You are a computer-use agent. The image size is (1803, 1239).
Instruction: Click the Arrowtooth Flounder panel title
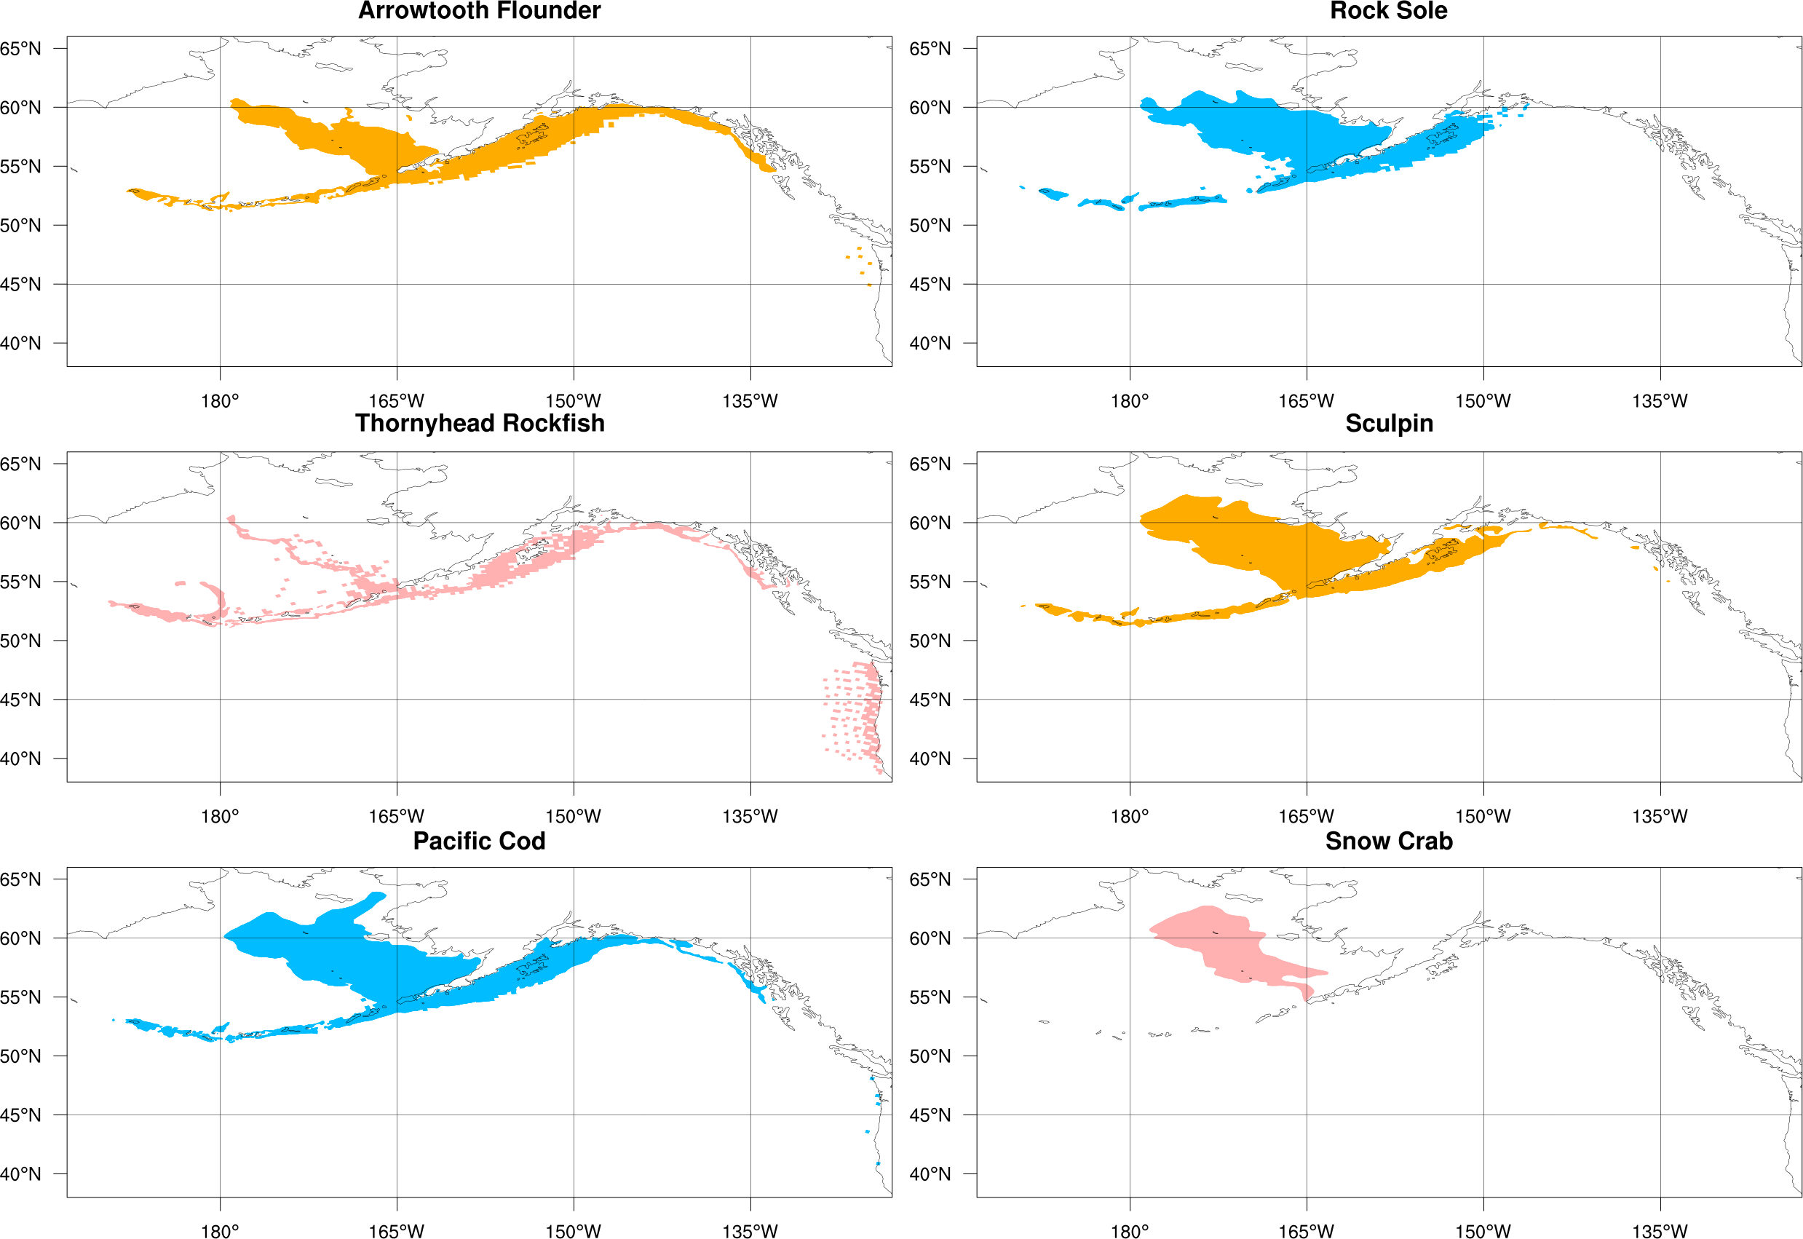[479, 11]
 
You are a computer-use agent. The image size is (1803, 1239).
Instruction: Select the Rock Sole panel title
[1389, 11]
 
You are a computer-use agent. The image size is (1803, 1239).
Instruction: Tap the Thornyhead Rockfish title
[480, 423]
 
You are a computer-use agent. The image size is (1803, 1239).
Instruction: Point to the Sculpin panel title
[1389, 423]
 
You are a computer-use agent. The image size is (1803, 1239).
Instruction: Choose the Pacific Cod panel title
[479, 841]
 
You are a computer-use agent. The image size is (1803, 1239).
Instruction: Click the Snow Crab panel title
[1389, 841]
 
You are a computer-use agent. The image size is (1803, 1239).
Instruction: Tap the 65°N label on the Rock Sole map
[930, 49]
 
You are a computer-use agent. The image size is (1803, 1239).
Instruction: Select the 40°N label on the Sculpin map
[930, 759]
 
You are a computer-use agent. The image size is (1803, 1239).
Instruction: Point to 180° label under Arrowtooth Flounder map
[220, 401]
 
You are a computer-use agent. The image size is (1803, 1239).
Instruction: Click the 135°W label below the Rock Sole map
[1660, 401]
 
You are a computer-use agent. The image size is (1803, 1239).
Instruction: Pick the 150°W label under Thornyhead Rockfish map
[573, 817]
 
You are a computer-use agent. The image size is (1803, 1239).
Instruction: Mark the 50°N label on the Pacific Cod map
[21, 1056]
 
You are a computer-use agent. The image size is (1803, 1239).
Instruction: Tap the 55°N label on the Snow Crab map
[930, 997]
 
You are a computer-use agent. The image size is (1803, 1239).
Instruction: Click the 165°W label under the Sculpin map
[1307, 817]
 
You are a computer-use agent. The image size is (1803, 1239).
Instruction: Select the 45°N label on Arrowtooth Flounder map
[21, 284]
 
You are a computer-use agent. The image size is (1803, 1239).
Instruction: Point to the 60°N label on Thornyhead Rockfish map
[21, 523]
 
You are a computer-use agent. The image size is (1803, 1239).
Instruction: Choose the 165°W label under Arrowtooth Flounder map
[396, 401]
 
